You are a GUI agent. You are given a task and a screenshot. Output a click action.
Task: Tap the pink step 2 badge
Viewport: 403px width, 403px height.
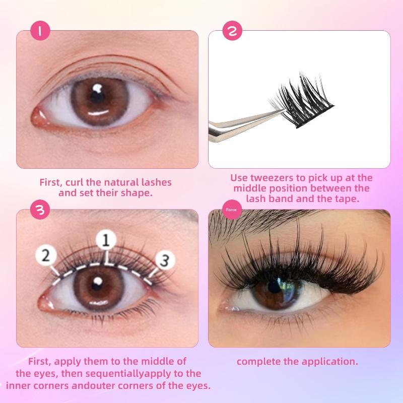[232, 31]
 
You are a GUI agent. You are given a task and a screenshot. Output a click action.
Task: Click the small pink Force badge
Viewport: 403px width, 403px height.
[232, 210]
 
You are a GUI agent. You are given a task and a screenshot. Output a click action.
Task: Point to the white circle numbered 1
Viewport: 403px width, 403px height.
[106, 241]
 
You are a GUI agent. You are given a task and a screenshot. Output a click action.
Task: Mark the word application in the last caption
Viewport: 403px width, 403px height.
[331, 361]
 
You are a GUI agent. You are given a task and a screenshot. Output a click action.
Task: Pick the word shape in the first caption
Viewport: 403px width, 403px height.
[138, 192]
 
